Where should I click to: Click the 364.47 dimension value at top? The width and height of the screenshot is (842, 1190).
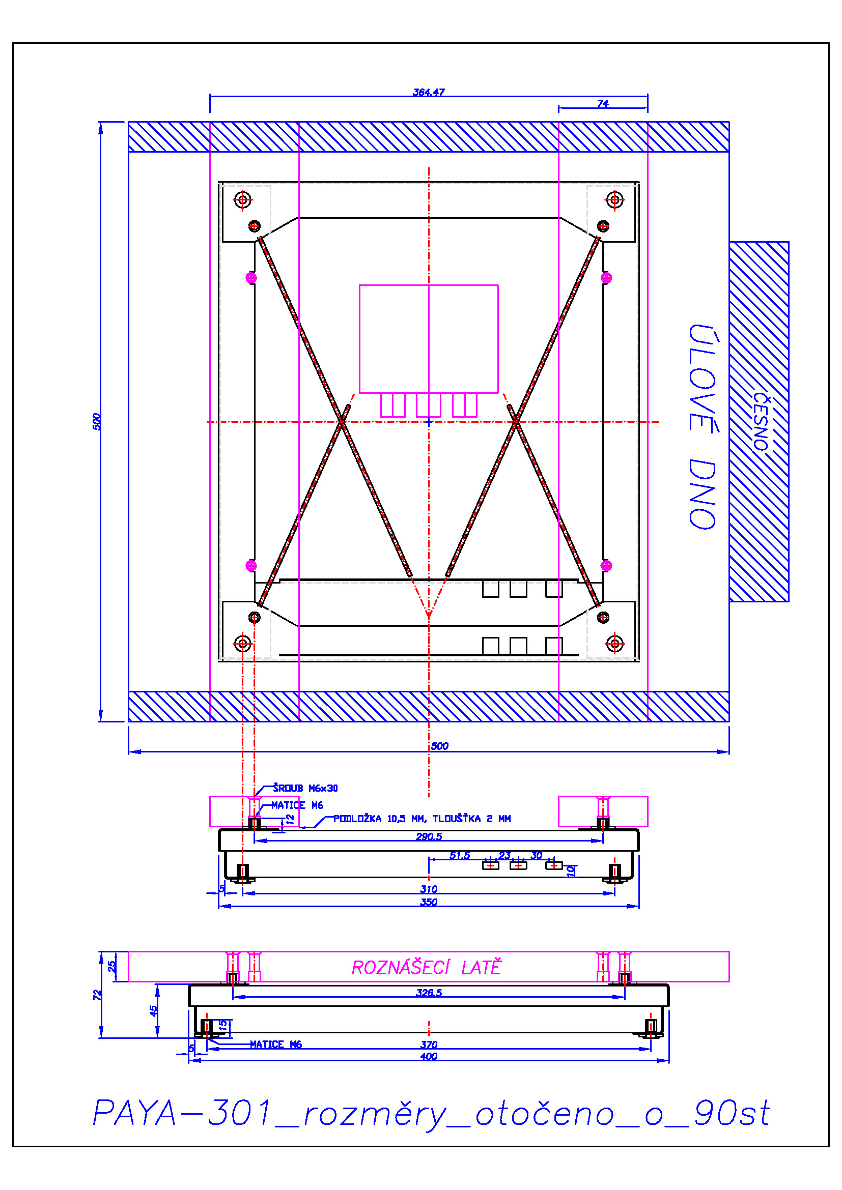point(428,92)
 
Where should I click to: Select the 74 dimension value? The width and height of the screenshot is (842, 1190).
point(602,104)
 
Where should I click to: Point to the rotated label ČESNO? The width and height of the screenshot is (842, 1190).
point(761,421)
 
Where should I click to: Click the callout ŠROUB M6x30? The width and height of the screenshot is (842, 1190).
point(305,788)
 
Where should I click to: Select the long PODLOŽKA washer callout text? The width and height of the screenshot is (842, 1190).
point(422,819)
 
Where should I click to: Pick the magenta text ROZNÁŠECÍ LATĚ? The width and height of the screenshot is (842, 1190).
point(427,967)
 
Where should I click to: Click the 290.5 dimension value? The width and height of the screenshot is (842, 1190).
point(429,836)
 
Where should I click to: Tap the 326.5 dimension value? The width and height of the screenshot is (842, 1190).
point(429,993)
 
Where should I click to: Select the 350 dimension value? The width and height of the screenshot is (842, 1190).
point(429,902)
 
